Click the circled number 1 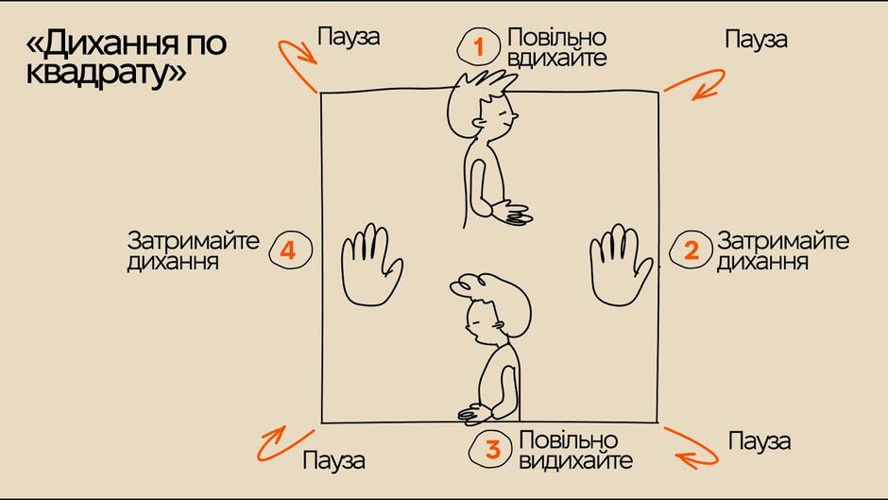point(478,46)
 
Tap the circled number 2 point(691,250)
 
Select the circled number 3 point(493,449)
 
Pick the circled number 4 point(290,250)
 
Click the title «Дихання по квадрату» point(127,58)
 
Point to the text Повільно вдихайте point(556,47)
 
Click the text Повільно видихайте point(575,450)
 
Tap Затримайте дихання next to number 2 point(782,251)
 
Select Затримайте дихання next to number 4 point(193,251)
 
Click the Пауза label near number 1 point(349,37)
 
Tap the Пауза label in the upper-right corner point(756,40)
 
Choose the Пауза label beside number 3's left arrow point(333,460)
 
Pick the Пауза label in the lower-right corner point(759,441)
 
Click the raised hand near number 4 point(371,265)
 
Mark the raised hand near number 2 point(621,265)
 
